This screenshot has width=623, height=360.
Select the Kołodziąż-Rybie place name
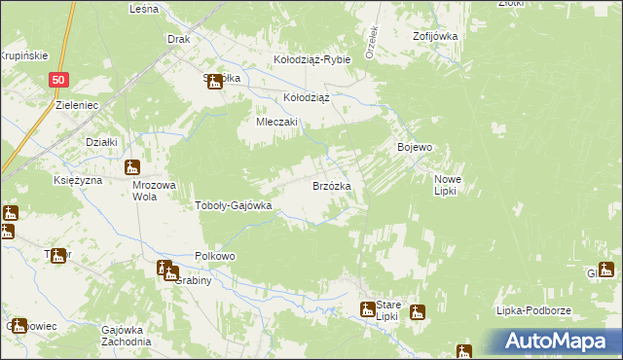point(311,59)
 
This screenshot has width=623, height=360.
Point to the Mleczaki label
point(276,123)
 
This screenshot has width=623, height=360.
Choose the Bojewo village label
point(415,147)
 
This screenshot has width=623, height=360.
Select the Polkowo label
point(215,256)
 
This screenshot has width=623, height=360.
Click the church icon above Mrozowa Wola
point(132,167)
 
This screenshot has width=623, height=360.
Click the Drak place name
point(178,40)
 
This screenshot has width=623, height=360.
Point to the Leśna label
point(143,8)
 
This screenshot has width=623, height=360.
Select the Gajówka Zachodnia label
point(126,336)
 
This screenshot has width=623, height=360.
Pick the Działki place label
point(101,142)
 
